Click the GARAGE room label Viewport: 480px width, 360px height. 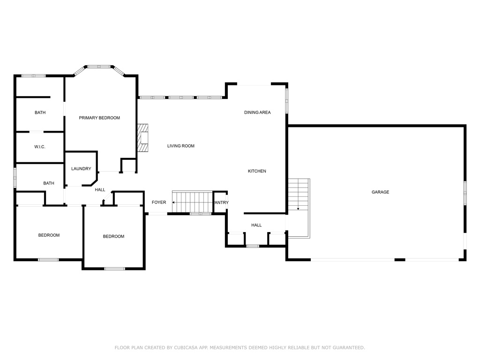tap(380, 192)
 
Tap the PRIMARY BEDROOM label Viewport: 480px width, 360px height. tap(99, 118)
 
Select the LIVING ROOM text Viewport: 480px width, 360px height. tap(180, 146)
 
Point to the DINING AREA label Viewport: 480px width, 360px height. tap(257, 112)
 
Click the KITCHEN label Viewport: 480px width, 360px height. tap(257, 171)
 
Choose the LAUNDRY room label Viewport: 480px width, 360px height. tap(81, 169)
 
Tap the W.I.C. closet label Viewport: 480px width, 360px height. tap(40, 147)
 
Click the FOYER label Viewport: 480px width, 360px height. tap(159, 202)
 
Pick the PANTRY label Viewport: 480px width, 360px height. tap(222, 202)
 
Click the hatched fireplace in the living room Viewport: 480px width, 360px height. tap(142, 138)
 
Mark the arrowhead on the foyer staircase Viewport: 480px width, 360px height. tap(173, 202)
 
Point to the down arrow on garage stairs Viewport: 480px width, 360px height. tap(298, 209)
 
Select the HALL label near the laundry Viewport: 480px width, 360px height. tap(100, 190)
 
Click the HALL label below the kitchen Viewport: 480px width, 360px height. tap(256, 225)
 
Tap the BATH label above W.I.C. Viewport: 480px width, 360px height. tap(40, 112)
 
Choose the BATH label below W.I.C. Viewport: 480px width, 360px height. tap(49, 183)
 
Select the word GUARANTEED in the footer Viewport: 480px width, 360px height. tap(349, 348)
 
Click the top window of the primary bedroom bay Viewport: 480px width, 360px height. tap(99, 67)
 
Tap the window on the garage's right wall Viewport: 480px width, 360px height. tap(465, 193)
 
